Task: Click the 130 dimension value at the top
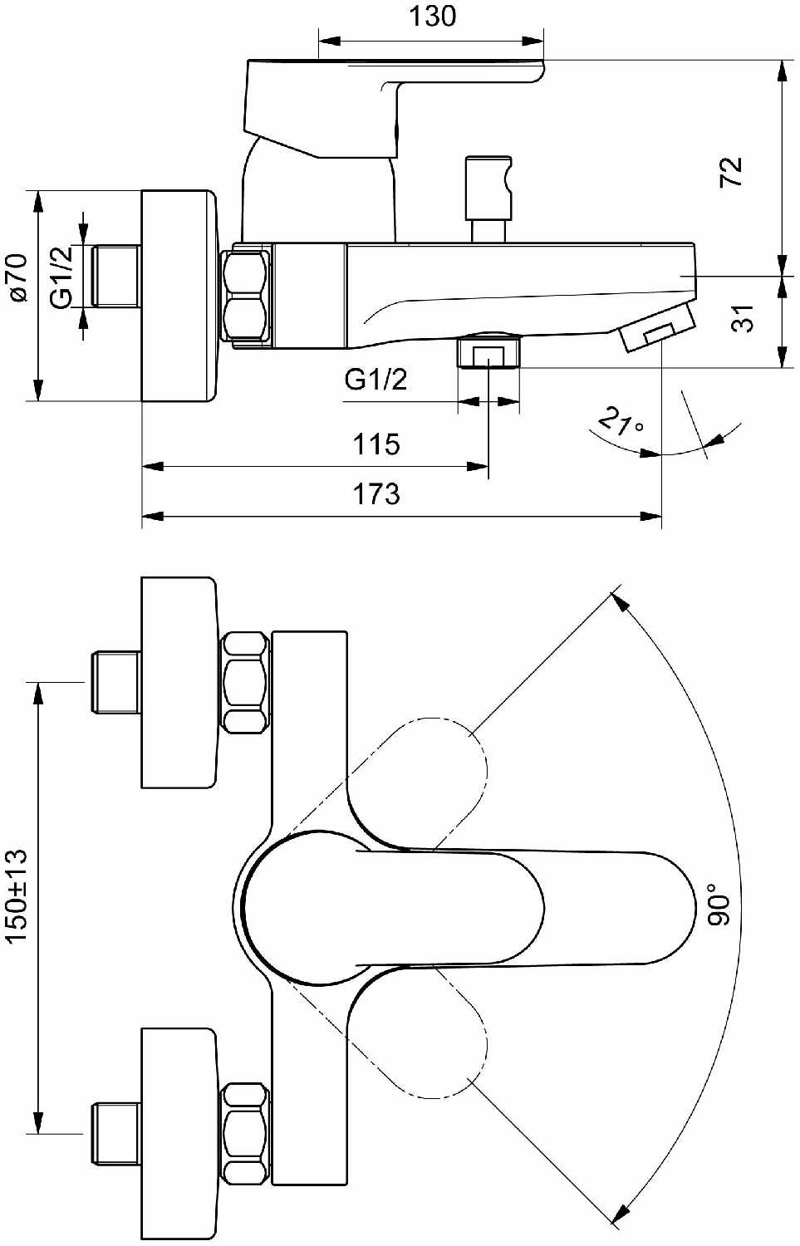tap(432, 16)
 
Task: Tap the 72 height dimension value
tap(731, 172)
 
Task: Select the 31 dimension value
tap(742, 318)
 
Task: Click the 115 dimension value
tap(376, 444)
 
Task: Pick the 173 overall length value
tap(376, 494)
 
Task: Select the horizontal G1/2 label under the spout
tap(376, 380)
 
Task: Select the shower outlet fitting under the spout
tap(488, 351)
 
